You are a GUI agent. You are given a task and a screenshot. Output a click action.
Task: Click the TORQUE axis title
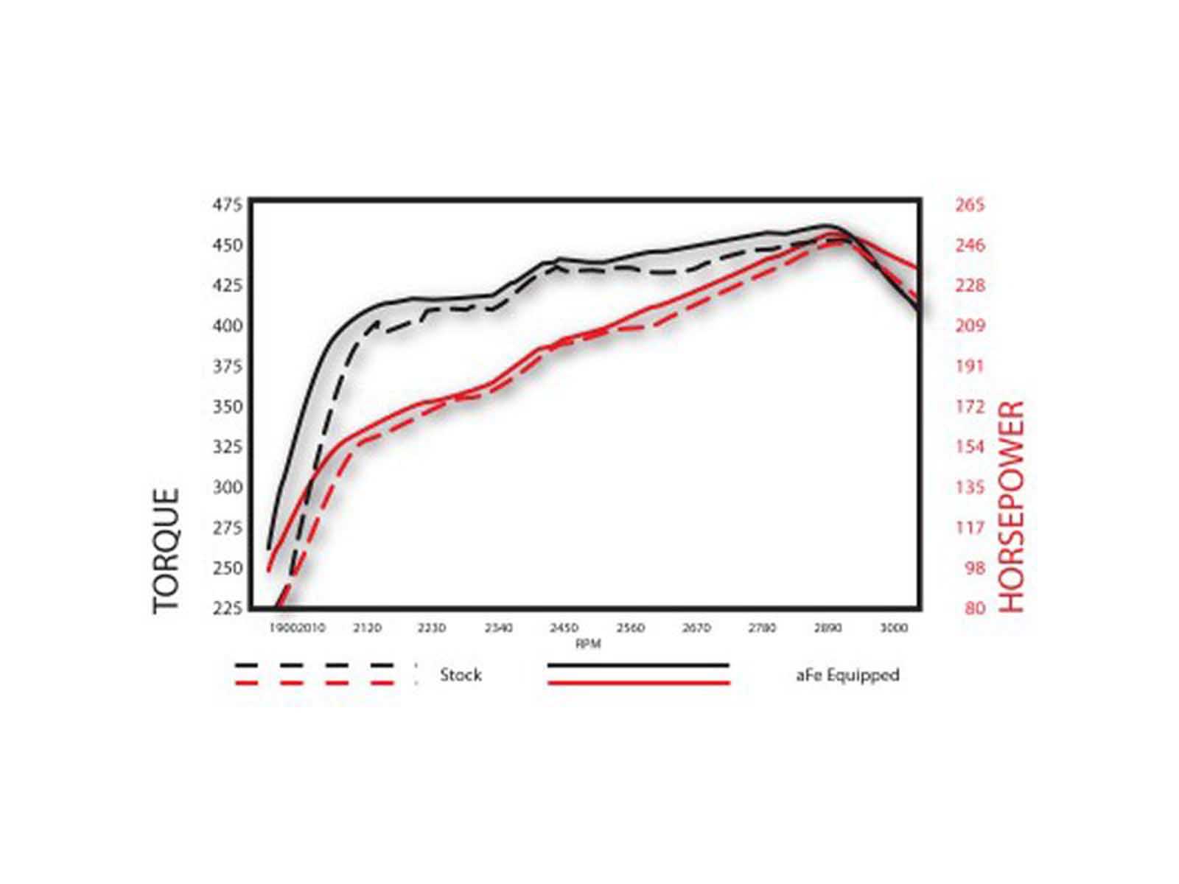pos(167,550)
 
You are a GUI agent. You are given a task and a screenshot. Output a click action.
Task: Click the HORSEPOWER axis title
pos(1012,507)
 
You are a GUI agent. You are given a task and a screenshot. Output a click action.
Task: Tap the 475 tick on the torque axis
pos(227,205)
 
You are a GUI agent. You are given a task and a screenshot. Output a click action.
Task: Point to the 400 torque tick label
pos(227,326)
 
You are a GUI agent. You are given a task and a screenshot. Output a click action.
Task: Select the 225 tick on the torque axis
pos(227,608)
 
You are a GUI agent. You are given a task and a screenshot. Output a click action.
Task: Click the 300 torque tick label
pos(227,488)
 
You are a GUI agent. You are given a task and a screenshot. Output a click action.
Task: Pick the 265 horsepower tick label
pos(970,206)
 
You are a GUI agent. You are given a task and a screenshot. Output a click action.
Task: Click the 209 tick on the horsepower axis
pos(970,326)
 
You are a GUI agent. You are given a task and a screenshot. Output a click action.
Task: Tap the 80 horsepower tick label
pos(974,608)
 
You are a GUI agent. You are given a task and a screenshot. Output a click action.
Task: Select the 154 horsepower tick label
pos(970,447)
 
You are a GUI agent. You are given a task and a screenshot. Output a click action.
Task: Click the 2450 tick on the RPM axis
pos(564,628)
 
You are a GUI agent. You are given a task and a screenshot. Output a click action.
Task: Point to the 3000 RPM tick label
pos(894,628)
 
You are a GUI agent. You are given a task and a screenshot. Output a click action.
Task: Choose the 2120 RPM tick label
pos(367,628)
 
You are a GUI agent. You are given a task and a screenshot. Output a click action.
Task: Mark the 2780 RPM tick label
pos(763,628)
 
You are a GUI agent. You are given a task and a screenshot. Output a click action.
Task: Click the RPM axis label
pos(588,645)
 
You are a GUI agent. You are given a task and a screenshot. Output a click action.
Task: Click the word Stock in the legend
pos(461,675)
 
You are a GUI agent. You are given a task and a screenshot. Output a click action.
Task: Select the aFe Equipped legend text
pos(847,675)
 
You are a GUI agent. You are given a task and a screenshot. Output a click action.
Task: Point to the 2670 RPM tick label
pos(696,628)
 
